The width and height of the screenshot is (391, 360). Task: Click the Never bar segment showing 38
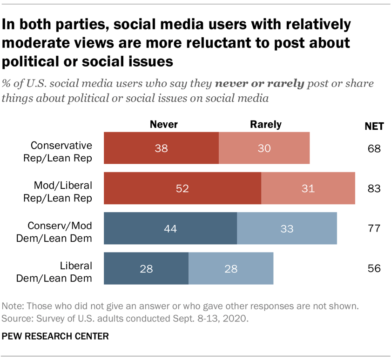click(x=161, y=148)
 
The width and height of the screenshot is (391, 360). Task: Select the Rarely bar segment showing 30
click(x=264, y=148)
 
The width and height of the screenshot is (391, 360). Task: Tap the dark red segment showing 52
click(x=182, y=188)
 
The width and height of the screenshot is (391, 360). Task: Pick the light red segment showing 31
click(x=308, y=188)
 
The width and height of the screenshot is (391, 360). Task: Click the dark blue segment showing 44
click(x=170, y=228)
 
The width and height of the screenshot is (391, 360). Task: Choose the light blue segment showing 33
click(x=287, y=228)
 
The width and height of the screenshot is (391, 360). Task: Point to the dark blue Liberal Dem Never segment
click(x=146, y=268)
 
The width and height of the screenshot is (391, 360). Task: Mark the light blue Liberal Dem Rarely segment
click(x=230, y=268)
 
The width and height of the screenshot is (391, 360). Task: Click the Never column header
click(x=163, y=124)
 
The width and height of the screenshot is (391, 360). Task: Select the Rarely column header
click(x=266, y=124)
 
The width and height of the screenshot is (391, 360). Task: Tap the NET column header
click(x=373, y=125)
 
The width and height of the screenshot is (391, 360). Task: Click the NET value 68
click(x=373, y=149)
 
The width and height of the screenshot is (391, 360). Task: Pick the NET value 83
click(x=373, y=189)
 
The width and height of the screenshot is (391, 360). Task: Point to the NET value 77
click(x=373, y=228)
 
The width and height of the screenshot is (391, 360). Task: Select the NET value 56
click(x=373, y=268)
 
